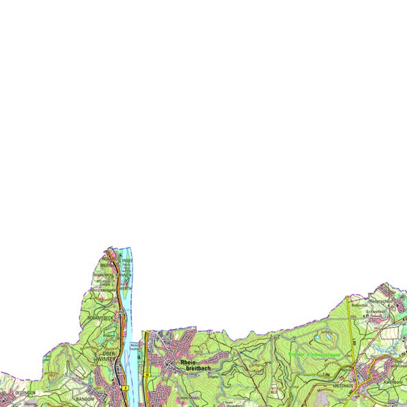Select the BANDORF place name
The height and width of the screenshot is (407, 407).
click(84, 397)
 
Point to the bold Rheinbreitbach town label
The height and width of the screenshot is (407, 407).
click(194, 365)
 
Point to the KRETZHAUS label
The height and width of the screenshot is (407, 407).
click(341, 386)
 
